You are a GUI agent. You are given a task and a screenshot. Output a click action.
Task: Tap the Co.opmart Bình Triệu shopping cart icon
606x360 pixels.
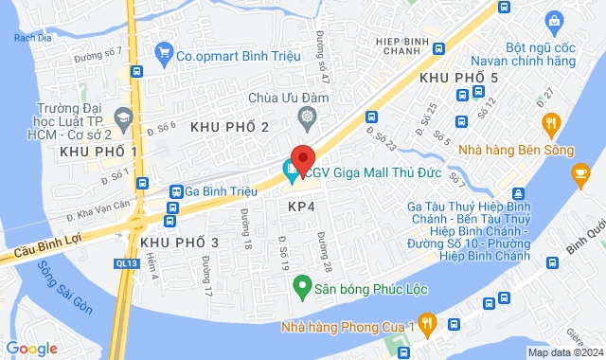click(165, 54)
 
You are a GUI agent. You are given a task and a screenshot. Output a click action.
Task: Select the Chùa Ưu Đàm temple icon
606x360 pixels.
click(306, 118)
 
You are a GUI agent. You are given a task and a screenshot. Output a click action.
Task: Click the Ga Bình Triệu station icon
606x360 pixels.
click(176, 190)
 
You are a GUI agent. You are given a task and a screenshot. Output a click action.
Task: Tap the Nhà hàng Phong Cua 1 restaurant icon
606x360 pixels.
click(427, 322)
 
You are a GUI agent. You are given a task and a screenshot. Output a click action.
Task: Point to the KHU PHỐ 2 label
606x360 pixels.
click(230, 126)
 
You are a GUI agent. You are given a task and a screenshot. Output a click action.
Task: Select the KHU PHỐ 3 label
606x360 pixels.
click(179, 243)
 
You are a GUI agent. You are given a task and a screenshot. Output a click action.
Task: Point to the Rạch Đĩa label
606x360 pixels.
click(25, 38)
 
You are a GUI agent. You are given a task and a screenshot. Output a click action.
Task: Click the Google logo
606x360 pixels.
click(31, 349)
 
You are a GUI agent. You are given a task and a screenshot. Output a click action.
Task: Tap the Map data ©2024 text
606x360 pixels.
click(564, 352)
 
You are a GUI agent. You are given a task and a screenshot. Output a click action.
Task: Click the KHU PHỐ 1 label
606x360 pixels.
click(98, 152)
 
